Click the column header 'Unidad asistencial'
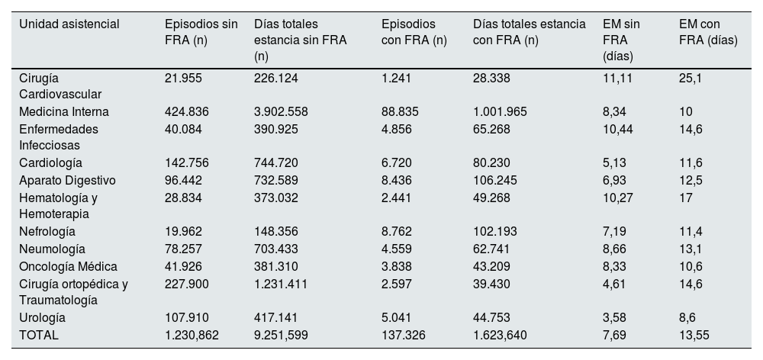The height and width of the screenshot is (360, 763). (69, 24)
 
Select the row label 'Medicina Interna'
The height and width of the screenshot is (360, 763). (64, 111)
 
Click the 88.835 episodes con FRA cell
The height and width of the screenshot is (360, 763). (400, 111)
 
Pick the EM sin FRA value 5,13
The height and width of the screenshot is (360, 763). (614, 162)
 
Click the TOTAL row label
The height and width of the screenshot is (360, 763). (38, 335)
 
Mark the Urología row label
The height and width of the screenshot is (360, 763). (43, 317)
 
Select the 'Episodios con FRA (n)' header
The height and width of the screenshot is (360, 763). (414, 32)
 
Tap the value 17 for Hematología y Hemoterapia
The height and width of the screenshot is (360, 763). (685, 198)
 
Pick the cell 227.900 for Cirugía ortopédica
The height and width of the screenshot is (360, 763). (186, 284)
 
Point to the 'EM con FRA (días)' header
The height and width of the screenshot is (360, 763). (708, 32)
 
